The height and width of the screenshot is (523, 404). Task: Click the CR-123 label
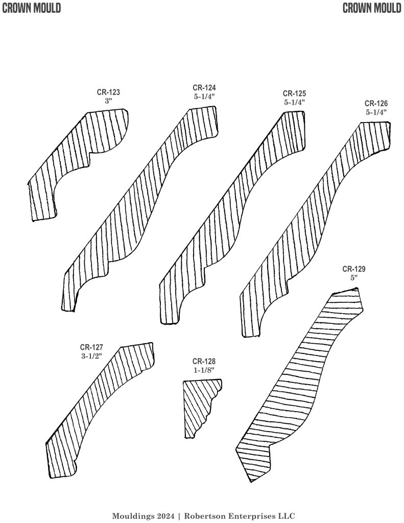(109, 92)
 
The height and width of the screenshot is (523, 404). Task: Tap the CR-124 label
(204, 87)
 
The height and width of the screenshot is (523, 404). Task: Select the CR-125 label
(294, 93)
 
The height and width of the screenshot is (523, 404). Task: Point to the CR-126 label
(376, 103)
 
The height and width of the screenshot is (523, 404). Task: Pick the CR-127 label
(91, 347)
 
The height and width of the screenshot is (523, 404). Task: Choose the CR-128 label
(204, 361)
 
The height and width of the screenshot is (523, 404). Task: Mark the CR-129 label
(354, 269)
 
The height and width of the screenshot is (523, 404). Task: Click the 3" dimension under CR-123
(108, 101)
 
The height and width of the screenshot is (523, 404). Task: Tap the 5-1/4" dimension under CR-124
(204, 96)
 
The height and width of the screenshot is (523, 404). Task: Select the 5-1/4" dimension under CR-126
(376, 112)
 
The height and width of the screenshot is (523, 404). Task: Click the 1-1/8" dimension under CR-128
(204, 370)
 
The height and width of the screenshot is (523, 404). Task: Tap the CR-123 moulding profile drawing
(77, 163)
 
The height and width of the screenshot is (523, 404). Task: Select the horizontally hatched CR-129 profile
(301, 383)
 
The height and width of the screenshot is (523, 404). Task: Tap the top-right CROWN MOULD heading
(372, 8)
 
